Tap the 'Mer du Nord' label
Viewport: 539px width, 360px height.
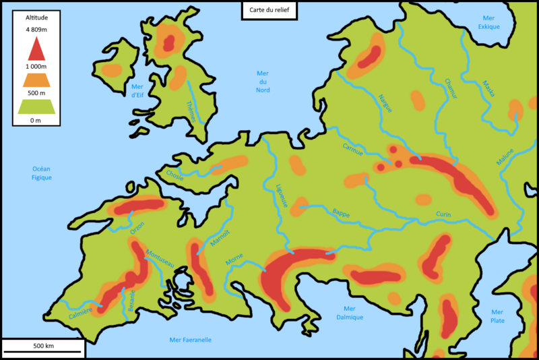pos(263,81)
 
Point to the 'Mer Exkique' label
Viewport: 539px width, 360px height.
pos(489,22)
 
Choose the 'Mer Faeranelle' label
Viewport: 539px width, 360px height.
pos(191,340)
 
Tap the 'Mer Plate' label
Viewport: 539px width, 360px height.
pos(497,316)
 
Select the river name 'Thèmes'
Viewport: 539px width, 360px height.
pos(191,111)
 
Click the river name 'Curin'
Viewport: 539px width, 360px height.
pos(443,214)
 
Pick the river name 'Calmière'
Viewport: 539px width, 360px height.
pos(80,313)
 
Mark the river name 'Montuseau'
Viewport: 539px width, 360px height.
pos(160,256)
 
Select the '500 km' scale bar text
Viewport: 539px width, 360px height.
pos(43,345)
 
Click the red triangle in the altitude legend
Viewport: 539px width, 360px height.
pos(36,49)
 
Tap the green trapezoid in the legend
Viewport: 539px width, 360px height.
pos(36,106)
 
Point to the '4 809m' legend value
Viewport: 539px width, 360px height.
pos(36,30)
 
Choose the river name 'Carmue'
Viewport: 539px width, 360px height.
pos(352,148)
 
